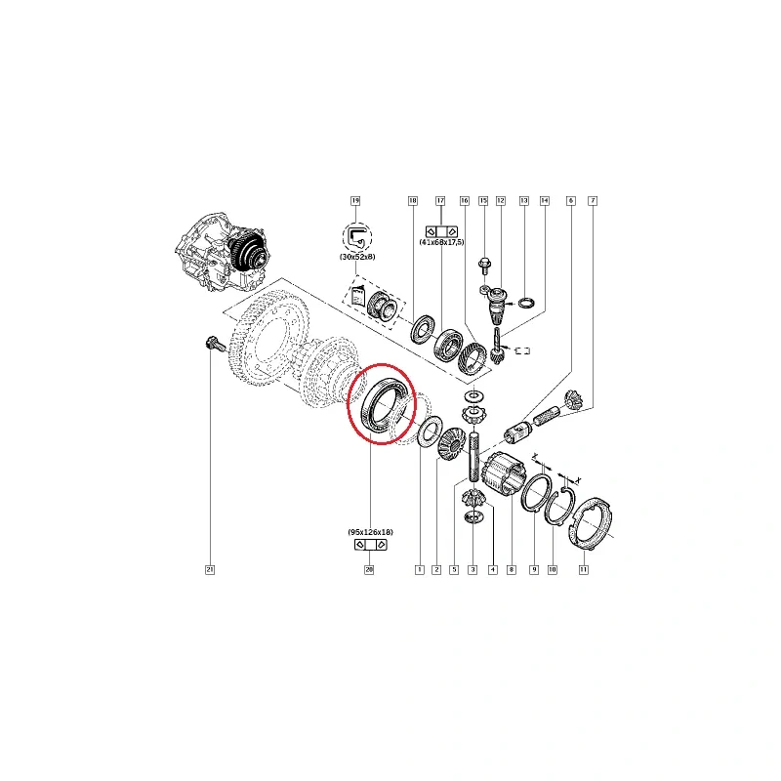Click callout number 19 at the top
coord(355,201)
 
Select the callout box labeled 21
coord(210,570)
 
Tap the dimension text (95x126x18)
coord(371,532)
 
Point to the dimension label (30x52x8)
coord(357,257)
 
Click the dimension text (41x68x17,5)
coord(442,242)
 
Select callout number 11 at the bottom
coord(583,570)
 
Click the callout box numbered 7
coord(593,201)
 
